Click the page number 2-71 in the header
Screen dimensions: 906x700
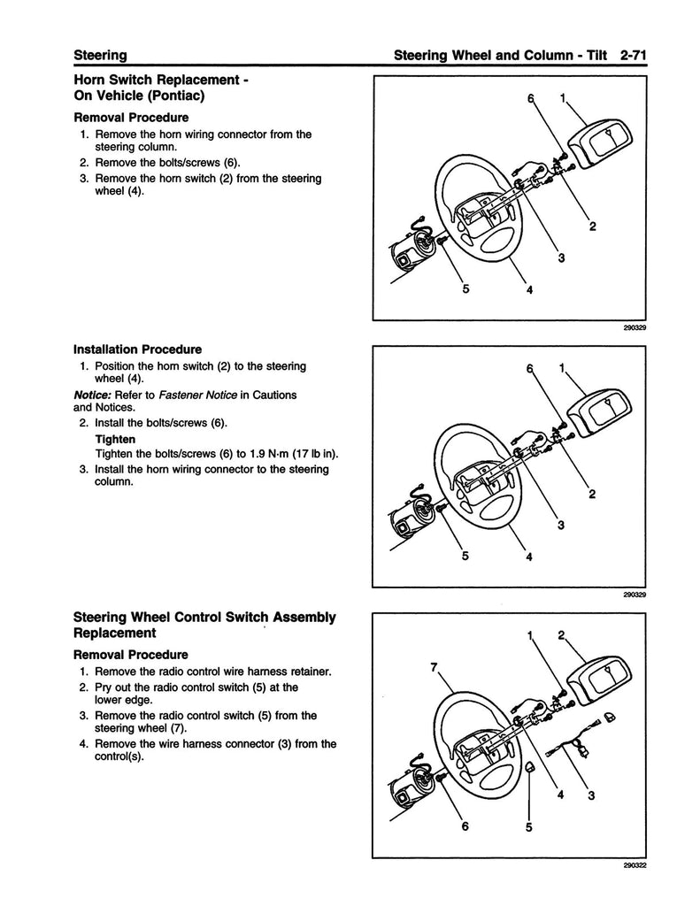coord(635,55)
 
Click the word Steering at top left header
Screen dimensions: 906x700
coord(100,55)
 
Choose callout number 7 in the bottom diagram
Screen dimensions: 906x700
coord(435,668)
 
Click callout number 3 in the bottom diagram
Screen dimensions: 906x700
coord(591,795)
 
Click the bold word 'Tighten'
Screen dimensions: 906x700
coord(115,439)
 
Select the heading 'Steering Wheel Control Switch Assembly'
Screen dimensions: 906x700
coord(204,617)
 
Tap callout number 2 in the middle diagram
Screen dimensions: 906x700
coord(591,494)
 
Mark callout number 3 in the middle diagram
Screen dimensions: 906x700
coord(560,526)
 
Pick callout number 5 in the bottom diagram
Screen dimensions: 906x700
coord(528,829)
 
